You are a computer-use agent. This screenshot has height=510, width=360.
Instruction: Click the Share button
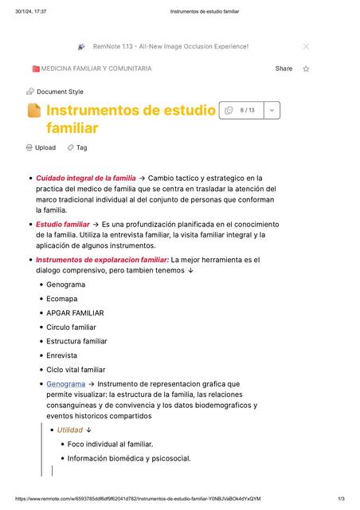tap(284, 69)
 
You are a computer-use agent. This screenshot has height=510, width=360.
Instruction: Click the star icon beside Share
tap(306, 69)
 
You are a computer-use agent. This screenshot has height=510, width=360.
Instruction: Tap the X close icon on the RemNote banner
tap(306, 46)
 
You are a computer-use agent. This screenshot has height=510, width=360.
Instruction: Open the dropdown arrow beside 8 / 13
tap(272, 110)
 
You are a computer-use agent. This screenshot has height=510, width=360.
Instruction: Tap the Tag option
tap(77, 147)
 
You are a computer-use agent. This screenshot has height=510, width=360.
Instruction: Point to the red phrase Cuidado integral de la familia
tap(86, 178)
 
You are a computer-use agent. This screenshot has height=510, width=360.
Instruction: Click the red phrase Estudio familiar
tap(63, 225)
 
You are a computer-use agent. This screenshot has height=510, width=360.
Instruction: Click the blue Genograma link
tap(65, 384)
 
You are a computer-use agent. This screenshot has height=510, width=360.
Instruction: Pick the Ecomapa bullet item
tap(62, 299)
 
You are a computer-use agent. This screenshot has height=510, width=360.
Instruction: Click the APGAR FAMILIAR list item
tap(75, 313)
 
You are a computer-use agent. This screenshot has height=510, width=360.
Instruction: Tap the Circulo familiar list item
tap(71, 328)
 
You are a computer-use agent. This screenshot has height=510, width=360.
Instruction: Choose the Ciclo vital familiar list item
tap(76, 370)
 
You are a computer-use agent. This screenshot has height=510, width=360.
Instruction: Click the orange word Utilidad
tap(70, 430)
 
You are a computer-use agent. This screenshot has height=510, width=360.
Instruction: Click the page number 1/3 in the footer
tap(341, 499)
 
